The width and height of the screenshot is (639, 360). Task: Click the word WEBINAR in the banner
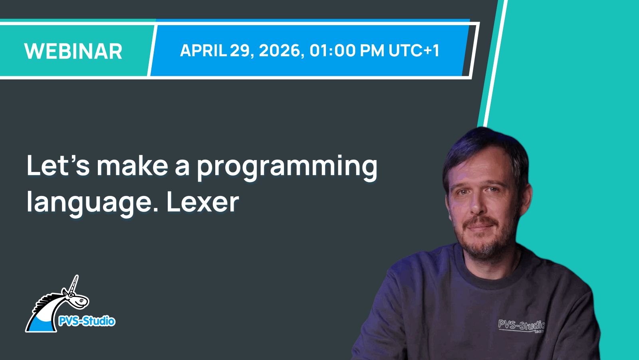(x=73, y=51)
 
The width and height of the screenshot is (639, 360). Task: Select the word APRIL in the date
(x=203, y=51)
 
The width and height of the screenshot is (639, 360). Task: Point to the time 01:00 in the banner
(x=332, y=51)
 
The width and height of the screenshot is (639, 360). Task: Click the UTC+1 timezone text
(x=414, y=51)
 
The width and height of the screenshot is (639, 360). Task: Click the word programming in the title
(x=287, y=167)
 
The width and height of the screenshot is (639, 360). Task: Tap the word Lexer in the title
(x=202, y=202)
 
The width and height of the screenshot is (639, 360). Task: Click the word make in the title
(x=132, y=166)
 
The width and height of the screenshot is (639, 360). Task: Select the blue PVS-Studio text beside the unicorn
(x=87, y=321)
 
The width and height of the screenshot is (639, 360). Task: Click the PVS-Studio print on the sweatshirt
(x=521, y=325)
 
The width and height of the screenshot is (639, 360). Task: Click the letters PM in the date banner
(x=372, y=51)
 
